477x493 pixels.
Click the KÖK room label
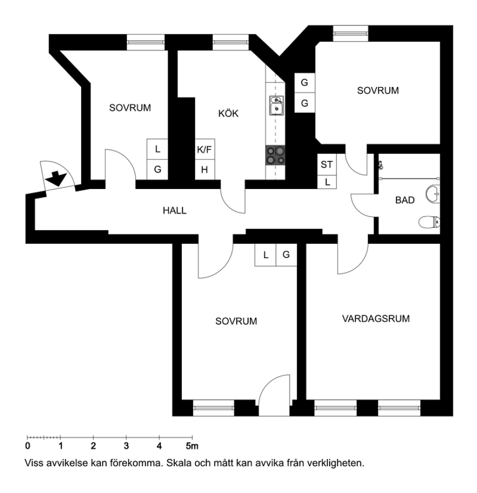(228, 113)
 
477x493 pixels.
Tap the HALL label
(175, 210)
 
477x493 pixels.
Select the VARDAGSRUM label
(376, 318)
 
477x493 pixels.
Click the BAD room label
(405, 200)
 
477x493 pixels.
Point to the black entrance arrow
(56, 178)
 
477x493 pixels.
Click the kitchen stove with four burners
(275, 156)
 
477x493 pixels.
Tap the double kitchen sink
(276, 105)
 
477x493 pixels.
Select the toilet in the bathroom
(429, 222)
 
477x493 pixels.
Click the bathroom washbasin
(433, 194)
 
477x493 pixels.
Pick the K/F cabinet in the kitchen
(205, 150)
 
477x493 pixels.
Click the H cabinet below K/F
(205, 170)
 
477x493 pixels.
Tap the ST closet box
(327, 164)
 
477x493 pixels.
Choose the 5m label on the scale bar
(192, 446)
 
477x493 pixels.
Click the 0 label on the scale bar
(28, 446)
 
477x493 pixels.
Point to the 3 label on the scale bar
(126, 446)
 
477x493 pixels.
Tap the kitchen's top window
(231, 42)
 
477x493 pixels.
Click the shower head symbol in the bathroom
(381, 165)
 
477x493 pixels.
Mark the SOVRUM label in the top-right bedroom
(378, 90)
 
